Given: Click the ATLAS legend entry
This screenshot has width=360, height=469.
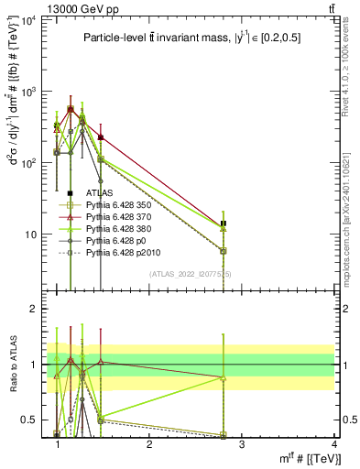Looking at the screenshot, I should (98, 193).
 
